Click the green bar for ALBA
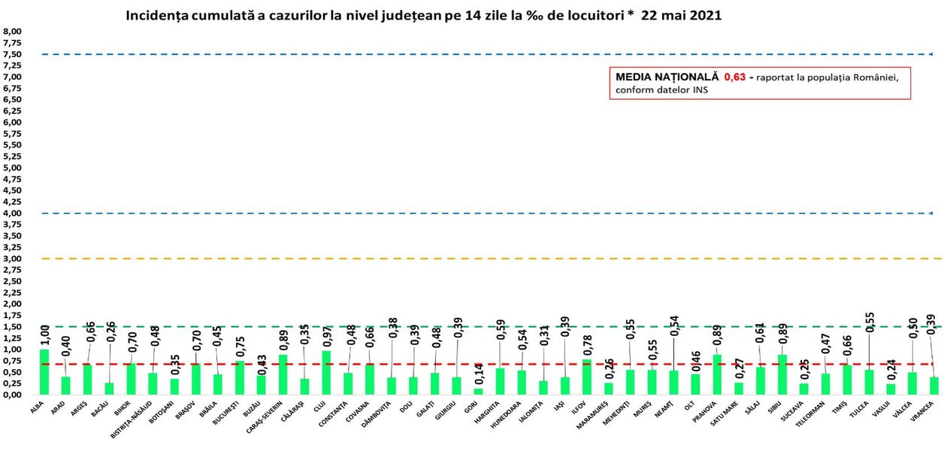[x=44, y=372]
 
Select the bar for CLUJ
[x=326, y=373]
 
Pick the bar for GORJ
[x=479, y=391]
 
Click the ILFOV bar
[x=587, y=377]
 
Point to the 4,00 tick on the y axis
[x=13, y=213]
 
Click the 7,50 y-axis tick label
[x=13, y=54]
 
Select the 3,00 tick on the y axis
[x=13, y=259]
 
